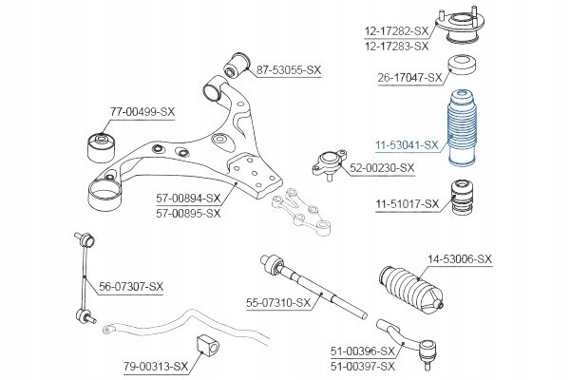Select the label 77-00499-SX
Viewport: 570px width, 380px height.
(x=142, y=112)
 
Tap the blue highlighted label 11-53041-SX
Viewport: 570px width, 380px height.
(x=405, y=144)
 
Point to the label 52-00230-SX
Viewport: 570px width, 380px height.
(x=383, y=168)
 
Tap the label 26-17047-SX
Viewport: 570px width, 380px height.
(x=410, y=77)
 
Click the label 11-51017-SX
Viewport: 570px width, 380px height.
(x=406, y=203)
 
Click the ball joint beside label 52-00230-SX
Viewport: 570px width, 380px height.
(x=325, y=164)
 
